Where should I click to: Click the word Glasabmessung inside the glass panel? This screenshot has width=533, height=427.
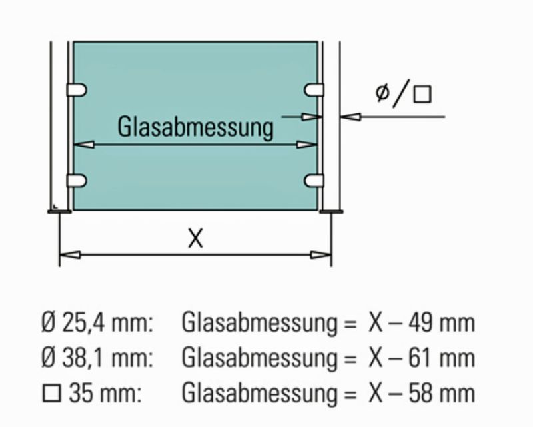195,127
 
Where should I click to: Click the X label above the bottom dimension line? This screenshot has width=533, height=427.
195,238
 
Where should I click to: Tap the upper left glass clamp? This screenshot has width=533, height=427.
77,90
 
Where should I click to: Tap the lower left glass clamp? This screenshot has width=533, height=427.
77,180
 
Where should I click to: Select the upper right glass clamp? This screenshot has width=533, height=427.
314,90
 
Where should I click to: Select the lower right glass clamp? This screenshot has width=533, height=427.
314,180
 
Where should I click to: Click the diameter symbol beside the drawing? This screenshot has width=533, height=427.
382,92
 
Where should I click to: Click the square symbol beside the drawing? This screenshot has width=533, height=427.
422,94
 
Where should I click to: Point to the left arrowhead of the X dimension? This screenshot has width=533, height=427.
71,254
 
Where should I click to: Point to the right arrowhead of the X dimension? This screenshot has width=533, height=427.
321,254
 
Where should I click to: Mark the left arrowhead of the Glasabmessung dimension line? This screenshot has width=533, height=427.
84,145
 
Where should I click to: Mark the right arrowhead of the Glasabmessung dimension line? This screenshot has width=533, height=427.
307,145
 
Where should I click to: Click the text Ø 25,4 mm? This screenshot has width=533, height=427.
97,322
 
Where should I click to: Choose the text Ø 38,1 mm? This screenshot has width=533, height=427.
97,358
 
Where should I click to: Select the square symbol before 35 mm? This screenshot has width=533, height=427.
52,393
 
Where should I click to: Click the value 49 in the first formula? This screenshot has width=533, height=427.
420,322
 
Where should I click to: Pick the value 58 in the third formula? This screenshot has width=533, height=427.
420,393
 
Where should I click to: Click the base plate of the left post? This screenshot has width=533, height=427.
59,211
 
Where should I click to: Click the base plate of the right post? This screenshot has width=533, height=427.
331,211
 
